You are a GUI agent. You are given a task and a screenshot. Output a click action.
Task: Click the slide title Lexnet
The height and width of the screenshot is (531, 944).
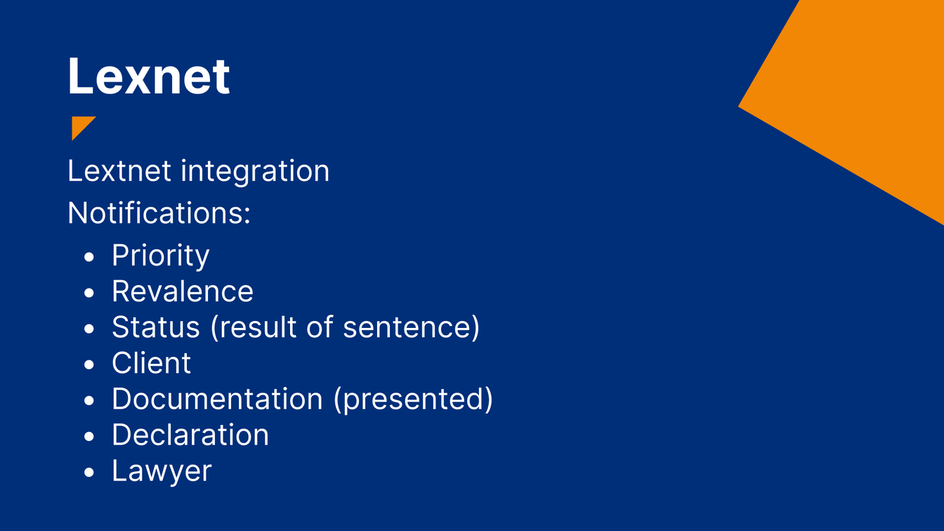click(x=148, y=77)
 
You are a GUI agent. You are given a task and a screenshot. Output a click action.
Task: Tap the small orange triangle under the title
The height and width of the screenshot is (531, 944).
click(x=80, y=125)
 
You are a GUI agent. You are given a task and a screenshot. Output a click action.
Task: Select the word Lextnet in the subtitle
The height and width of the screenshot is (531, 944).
click(x=119, y=171)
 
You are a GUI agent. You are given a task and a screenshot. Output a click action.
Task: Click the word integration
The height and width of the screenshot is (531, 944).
click(x=255, y=172)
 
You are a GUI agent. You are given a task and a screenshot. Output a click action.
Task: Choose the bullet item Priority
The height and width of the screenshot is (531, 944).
click(x=161, y=256)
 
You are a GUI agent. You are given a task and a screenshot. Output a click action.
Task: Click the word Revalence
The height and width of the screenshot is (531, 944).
click(x=183, y=291)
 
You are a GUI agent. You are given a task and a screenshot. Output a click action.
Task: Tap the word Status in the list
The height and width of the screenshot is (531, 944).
click(x=155, y=327)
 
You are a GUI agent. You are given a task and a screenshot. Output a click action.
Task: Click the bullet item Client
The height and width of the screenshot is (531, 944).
click(x=151, y=363)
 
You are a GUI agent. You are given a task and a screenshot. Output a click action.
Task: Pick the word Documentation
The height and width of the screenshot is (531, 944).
click(x=217, y=399)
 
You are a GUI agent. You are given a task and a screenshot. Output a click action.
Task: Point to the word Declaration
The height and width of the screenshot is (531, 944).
click(x=190, y=435)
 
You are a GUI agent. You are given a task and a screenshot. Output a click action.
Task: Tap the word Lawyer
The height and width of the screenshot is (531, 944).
click(x=162, y=471)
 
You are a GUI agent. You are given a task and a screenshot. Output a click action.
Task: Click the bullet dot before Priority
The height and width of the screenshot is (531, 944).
click(x=89, y=257)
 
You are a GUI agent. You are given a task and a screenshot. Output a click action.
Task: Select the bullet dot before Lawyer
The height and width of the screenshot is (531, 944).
click(x=89, y=473)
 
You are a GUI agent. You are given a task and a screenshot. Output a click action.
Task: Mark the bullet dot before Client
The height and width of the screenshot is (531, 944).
click(x=89, y=365)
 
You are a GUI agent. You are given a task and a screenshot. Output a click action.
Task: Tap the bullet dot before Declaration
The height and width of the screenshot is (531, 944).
click(x=89, y=437)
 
